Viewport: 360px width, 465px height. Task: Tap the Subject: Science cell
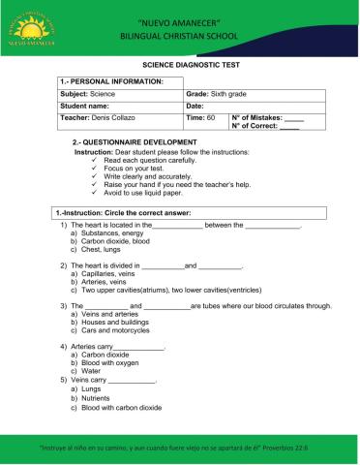(x=87, y=94)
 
